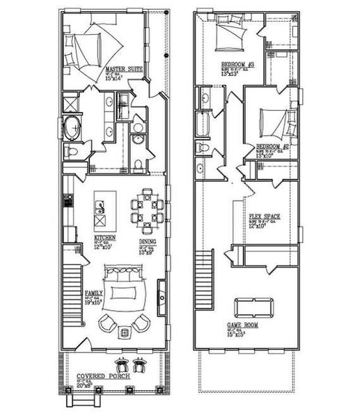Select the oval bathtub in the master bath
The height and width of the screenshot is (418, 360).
click(x=72, y=130)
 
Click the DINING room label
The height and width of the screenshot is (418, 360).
click(x=147, y=242)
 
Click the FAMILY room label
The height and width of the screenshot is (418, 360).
click(x=94, y=294)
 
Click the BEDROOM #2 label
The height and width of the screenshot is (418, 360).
click(x=272, y=147)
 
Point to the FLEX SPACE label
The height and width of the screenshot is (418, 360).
click(x=265, y=217)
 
